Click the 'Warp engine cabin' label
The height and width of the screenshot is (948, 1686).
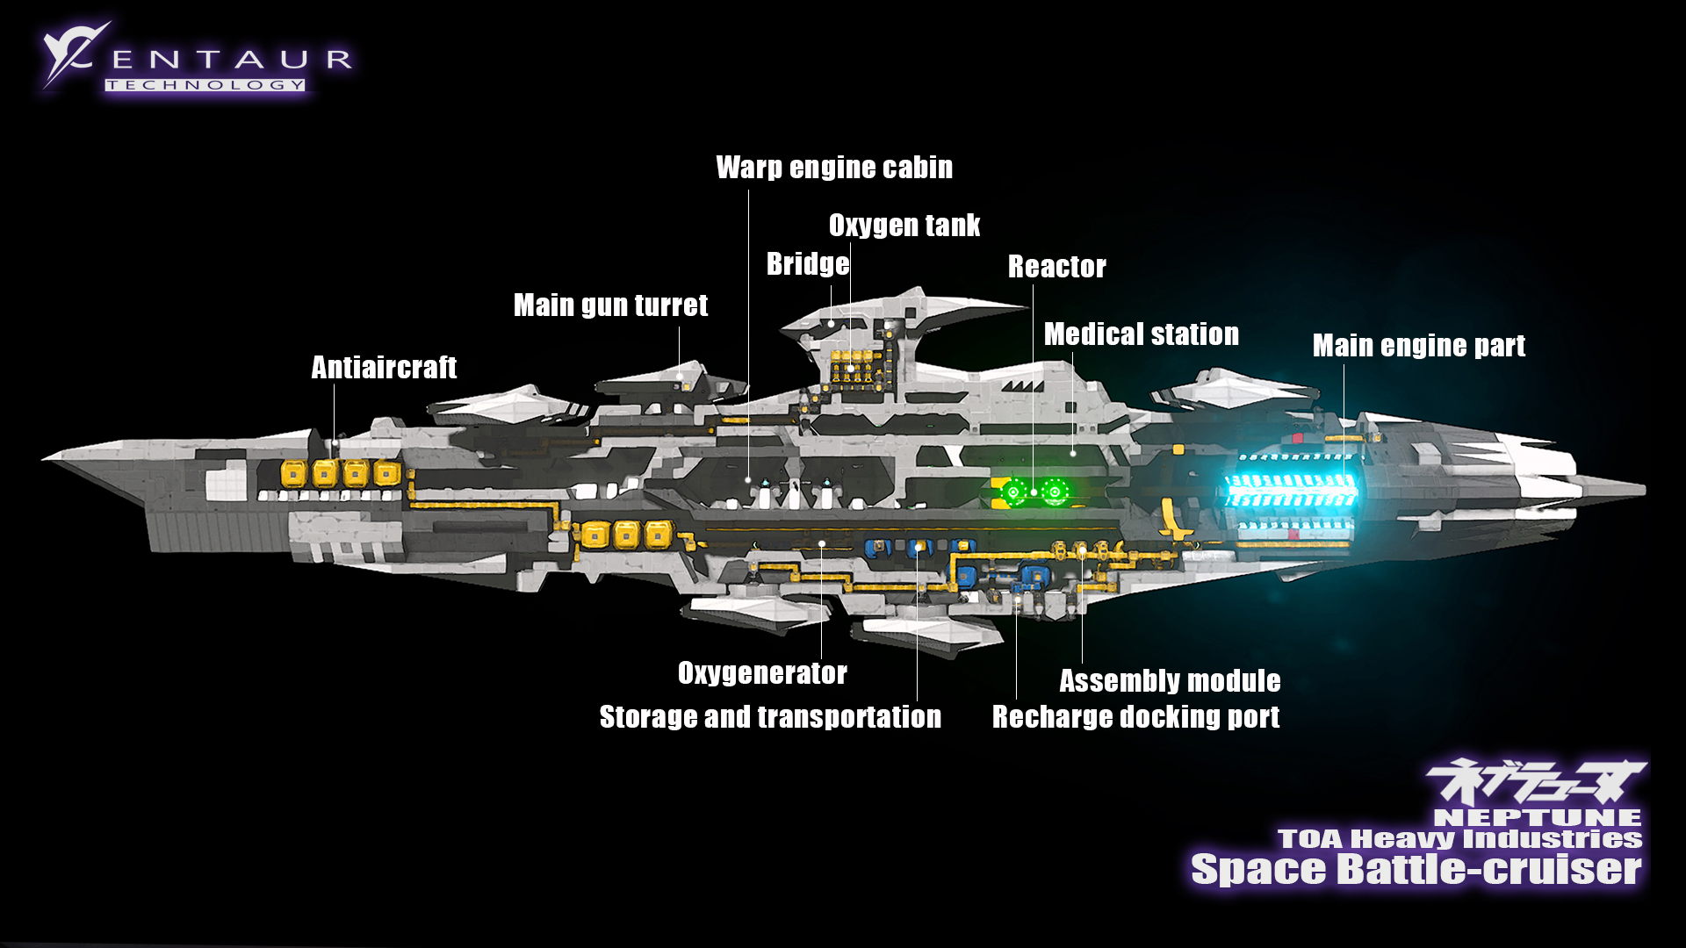point(834,168)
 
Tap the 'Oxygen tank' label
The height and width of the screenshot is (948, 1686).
point(904,226)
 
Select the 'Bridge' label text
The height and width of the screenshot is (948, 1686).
point(808,264)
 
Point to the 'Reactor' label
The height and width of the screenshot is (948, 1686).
point(1056,267)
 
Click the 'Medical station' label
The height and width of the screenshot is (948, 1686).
point(1141,334)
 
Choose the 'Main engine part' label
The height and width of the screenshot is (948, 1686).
point(1418,346)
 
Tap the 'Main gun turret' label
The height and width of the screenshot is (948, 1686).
point(610,305)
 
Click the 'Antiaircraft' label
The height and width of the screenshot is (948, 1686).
point(384,367)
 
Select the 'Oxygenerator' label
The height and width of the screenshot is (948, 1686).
point(762,673)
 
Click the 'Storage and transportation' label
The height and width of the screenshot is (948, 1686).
point(770,717)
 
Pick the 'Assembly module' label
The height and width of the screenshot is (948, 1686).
point(1170,681)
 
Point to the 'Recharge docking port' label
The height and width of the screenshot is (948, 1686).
point(1135,717)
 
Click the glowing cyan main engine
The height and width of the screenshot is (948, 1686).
point(1291,492)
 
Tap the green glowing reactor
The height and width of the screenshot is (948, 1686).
point(1034,492)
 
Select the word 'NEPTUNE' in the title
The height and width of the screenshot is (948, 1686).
point(1537,818)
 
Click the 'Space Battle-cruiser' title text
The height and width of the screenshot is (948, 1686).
point(1416,869)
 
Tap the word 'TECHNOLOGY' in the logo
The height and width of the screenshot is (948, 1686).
point(205,85)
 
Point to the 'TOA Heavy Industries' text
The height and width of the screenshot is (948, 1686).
point(1459,839)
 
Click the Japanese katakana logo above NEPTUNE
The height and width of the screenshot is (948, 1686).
point(1535,780)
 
